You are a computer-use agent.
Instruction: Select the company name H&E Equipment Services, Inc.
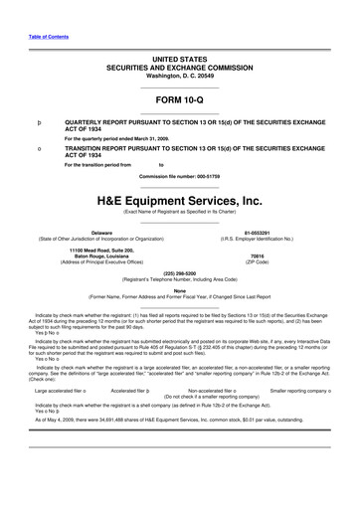tap(179, 199)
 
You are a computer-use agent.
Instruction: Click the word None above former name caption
tap(180, 290)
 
